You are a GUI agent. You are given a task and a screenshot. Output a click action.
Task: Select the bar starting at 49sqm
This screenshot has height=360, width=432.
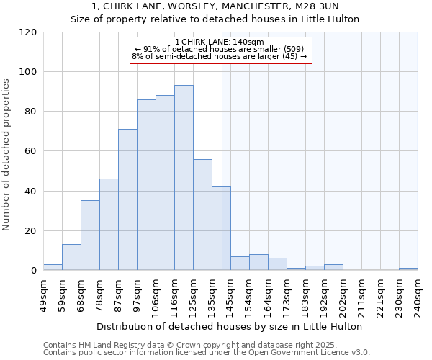[53, 267]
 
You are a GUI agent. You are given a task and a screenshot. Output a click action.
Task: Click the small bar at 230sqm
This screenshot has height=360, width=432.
[408, 269]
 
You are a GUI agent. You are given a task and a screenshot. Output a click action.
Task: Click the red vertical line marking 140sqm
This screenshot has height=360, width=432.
[222, 166]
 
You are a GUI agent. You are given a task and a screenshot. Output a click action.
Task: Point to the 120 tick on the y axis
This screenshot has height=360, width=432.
[42, 32]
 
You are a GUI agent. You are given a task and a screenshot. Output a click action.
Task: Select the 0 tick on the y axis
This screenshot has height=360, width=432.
[42, 271]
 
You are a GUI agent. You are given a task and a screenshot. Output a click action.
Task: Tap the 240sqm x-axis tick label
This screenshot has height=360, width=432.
[418, 296]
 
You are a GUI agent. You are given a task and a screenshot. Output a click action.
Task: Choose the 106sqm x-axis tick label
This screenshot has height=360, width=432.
[156, 296]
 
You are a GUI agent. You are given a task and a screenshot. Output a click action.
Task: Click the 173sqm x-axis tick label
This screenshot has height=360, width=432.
[287, 296]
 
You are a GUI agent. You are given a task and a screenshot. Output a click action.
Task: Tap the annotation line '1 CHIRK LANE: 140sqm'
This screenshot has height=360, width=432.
[220, 42]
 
